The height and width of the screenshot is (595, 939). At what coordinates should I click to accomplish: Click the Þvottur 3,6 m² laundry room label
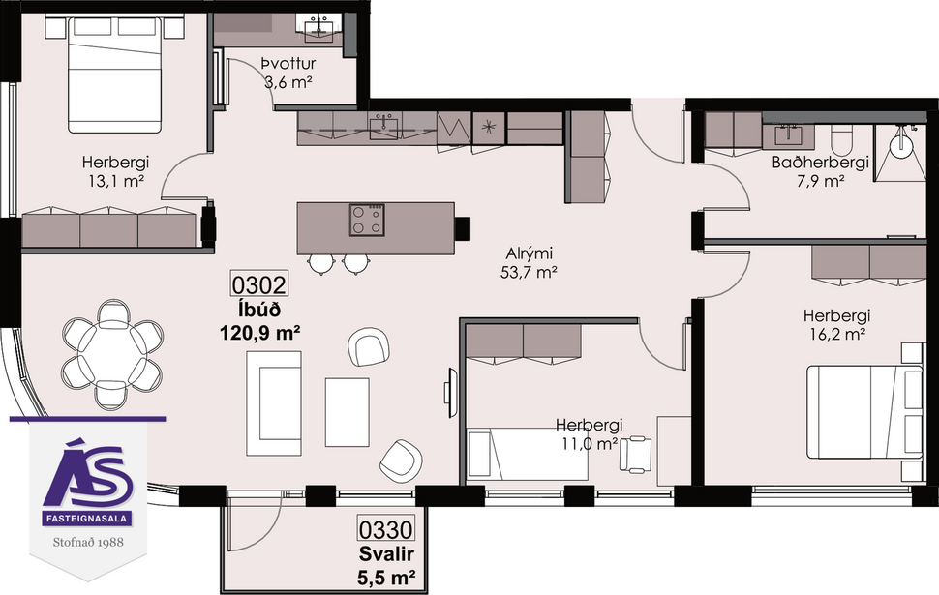[x=287, y=74]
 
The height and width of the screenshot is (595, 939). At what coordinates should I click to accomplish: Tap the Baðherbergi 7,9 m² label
[x=820, y=171]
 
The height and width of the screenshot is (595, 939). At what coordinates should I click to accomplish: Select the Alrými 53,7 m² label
[x=530, y=262]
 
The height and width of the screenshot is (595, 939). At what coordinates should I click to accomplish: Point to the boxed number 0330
[x=386, y=530]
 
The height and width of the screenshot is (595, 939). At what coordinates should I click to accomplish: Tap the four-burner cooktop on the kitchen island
[x=365, y=220]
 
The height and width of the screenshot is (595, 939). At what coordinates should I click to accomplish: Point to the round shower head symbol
[x=904, y=145]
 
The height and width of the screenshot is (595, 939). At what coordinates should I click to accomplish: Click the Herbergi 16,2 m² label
[x=836, y=324]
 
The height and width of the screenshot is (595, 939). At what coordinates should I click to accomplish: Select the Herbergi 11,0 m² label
[x=588, y=433]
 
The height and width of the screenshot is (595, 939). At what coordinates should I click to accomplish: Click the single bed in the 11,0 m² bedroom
[x=528, y=455]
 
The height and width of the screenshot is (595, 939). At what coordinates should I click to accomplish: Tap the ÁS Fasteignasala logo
[x=88, y=480]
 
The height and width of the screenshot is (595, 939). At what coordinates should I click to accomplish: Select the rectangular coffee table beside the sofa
[x=347, y=411]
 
